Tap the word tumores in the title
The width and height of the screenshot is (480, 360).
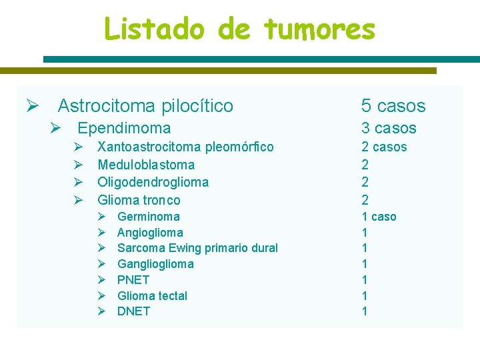pos(319,29)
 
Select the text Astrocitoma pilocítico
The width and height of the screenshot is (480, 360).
pos(145,106)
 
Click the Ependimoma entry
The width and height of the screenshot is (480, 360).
pos(124,128)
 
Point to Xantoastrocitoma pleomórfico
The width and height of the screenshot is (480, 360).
pos(185,147)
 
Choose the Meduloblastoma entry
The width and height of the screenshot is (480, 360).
pos(146,165)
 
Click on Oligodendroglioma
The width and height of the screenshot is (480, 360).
pos(153,182)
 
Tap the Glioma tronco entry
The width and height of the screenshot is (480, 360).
pos(139,200)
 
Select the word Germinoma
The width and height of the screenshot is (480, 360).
pos(148,217)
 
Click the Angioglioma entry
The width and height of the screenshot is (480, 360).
pos(150,233)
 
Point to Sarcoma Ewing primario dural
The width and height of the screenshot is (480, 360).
pos(197,248)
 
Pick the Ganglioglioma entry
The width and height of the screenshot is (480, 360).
pos(155,264)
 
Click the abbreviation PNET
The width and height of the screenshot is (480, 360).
pos(133,280)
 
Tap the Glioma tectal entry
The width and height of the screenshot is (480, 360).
pos(152,296)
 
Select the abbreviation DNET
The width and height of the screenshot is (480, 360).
pos(133,311)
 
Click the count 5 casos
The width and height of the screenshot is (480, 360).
pos(393,106)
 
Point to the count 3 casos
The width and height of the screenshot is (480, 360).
pos(389,128)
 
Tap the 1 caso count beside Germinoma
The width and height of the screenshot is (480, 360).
pos(379,217)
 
